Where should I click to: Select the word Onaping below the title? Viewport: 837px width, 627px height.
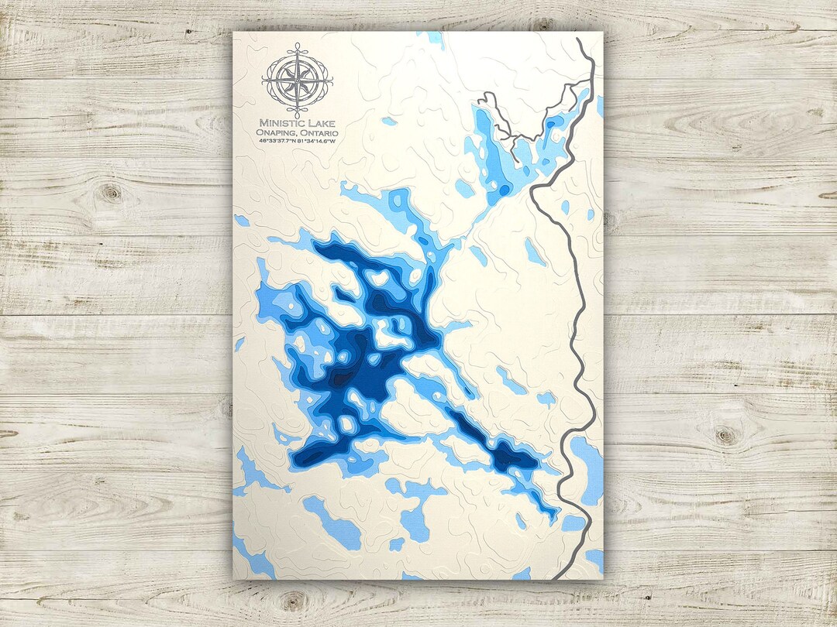coord(276,132)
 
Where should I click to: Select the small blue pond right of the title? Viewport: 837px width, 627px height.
coord(389,121)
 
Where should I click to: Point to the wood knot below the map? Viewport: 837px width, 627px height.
coord(293,599)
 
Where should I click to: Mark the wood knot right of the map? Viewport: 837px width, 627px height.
coord(727,434)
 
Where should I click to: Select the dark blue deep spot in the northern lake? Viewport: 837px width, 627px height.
coord(505,190)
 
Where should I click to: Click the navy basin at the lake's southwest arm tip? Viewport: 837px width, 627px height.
coord(305,458)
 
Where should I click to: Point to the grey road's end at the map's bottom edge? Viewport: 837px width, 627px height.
coord(555,577)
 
